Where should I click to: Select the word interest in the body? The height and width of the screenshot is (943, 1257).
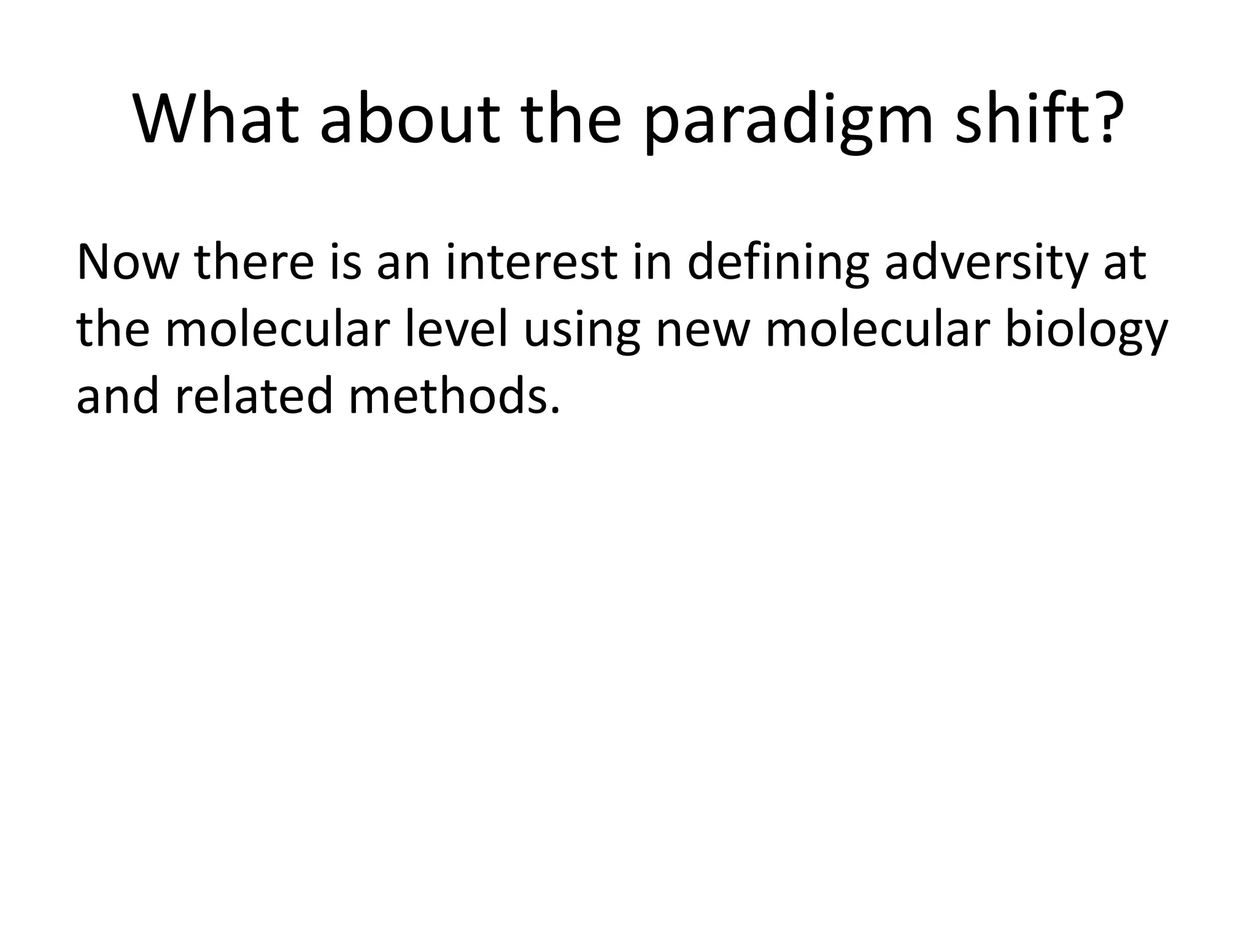coord(530,263)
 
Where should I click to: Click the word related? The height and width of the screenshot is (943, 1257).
coord(254,396)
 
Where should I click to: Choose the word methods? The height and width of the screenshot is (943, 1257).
coord(454,396)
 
